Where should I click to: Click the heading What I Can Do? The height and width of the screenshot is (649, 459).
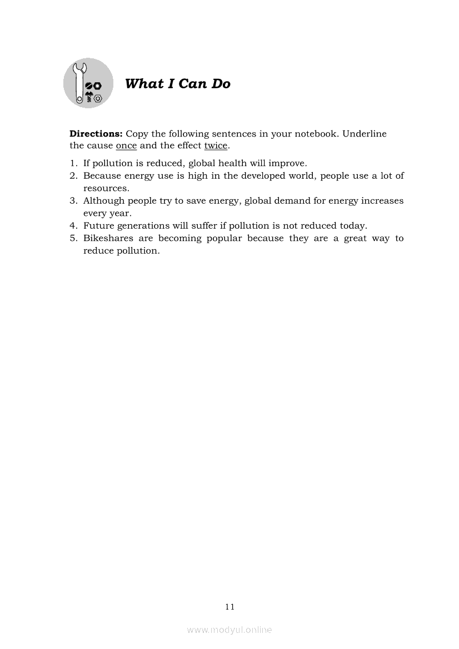coord(177,84)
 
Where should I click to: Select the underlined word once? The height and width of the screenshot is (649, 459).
coord(126,146)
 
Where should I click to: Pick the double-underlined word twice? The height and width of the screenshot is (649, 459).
coord(216,146)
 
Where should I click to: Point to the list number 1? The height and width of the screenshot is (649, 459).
coord(73,163)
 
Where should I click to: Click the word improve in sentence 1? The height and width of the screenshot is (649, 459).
coord(288,163)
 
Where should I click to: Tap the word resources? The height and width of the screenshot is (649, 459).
coord(106,188)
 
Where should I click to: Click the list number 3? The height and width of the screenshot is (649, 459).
coord(73,201)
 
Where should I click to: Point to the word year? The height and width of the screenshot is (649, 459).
coord(119,214)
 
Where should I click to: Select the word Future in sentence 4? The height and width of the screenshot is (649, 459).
coord(98,226)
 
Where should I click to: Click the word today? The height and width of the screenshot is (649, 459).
coord(353,226)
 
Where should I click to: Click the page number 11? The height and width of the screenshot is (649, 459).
coord(229,607)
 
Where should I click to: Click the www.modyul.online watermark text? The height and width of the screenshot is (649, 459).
coord(229,630)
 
